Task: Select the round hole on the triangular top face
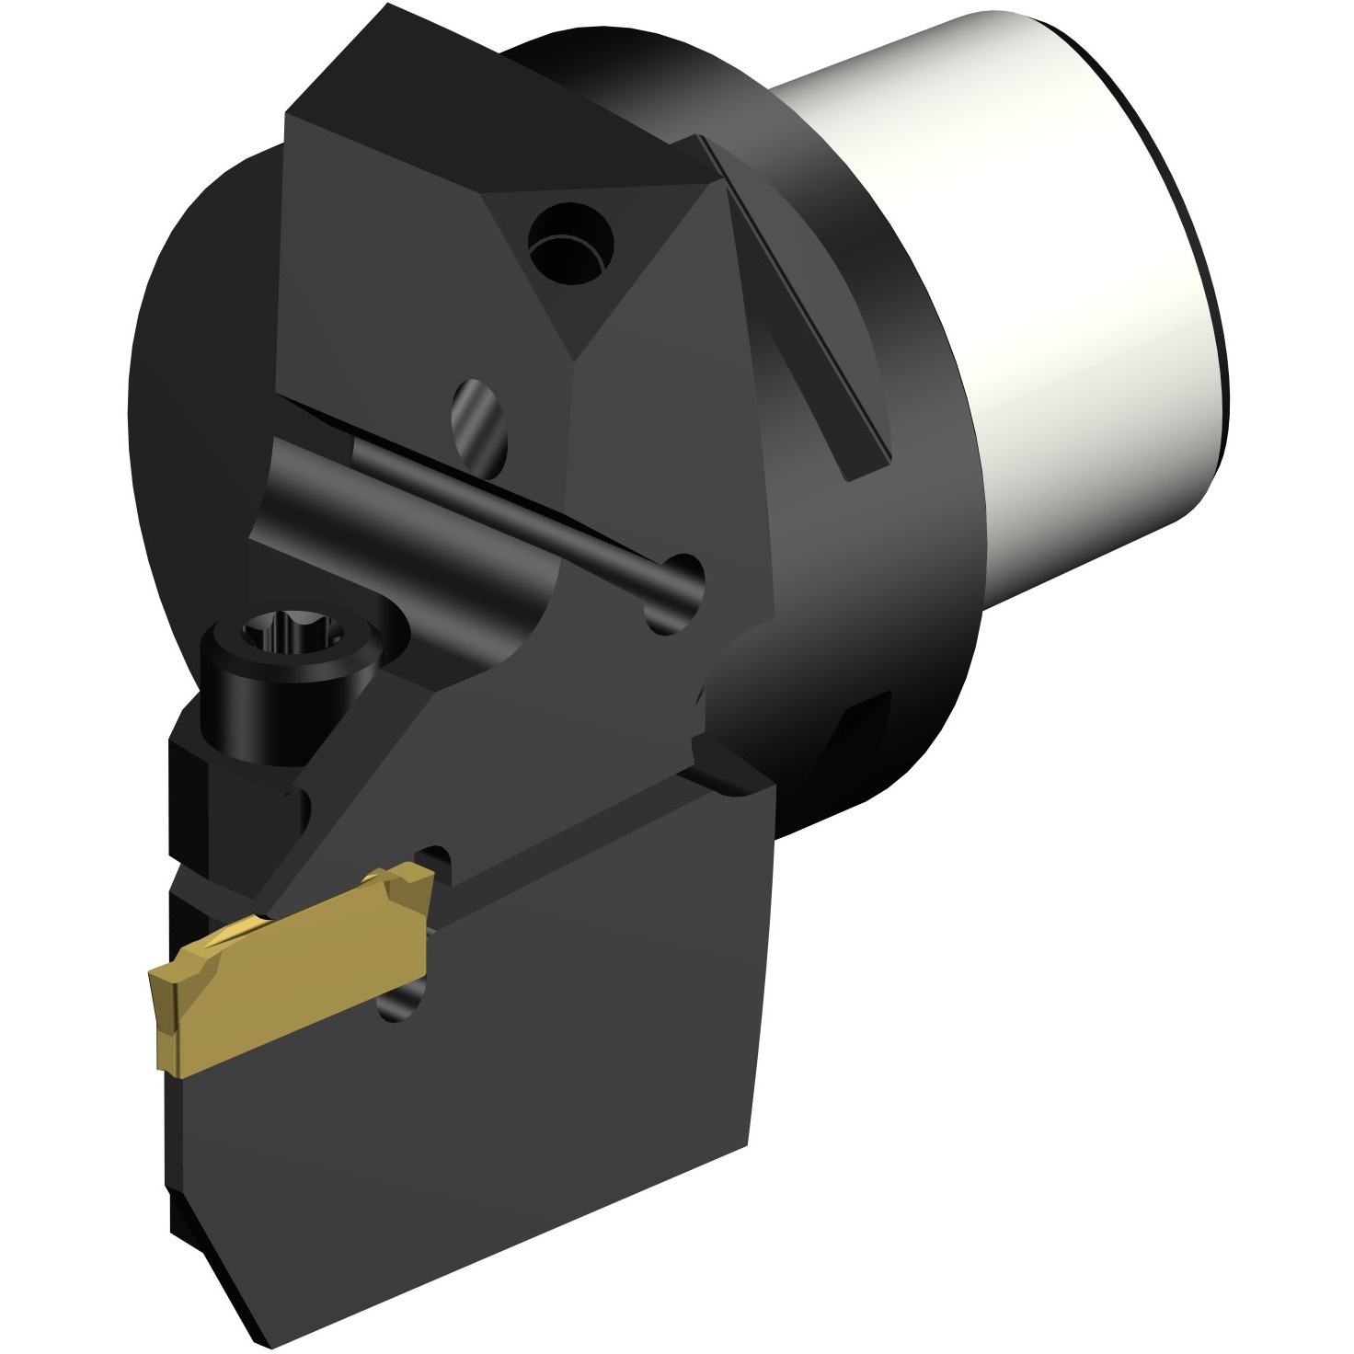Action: click(570, 241)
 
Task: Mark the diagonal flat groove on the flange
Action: click(791, 304)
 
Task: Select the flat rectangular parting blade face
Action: click(515, 1085)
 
